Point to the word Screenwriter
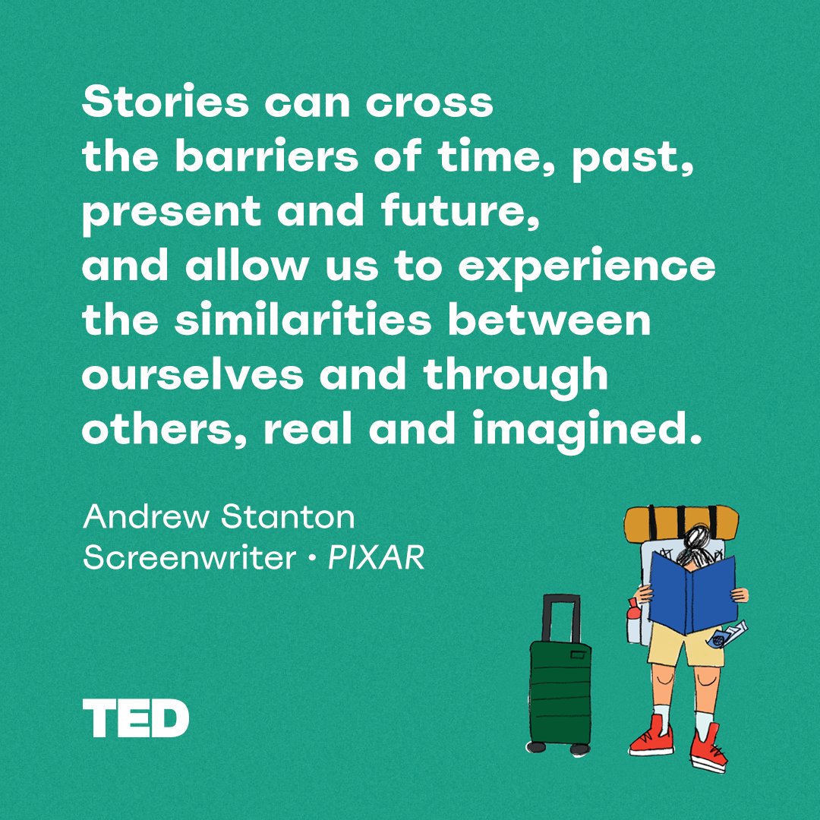coord(189,559)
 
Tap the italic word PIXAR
coord(376,559)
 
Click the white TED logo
coord(136,718)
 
